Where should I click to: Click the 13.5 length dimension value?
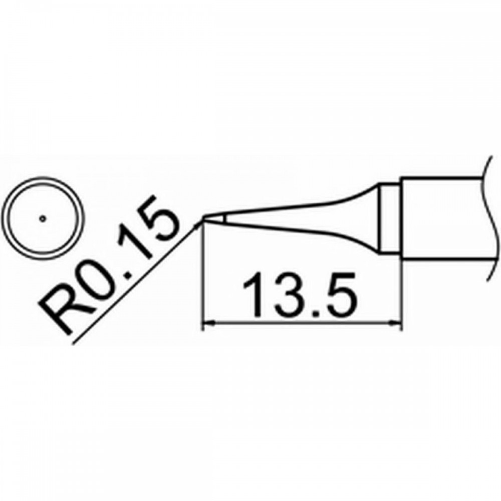point(300,295)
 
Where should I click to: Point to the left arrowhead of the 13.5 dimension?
point(208,323)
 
